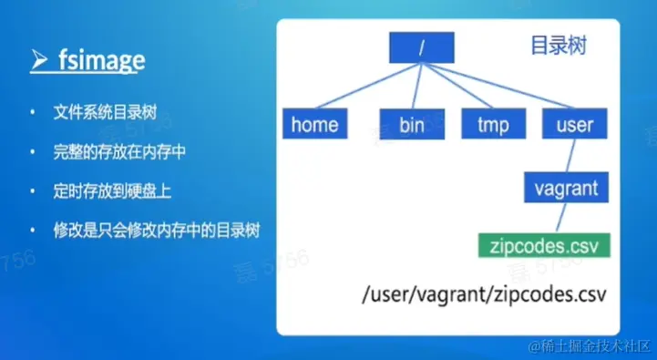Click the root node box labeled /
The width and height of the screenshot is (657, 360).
click(x=421, y=48)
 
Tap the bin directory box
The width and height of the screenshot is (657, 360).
click(x=411, y=125)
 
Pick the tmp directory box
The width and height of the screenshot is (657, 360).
click(x=492, y=125)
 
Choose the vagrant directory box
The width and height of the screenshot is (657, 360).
click(x=566, y=189)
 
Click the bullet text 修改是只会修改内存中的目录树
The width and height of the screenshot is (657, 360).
click(x=157, y=228)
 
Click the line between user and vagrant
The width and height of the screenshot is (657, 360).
click(x=573, y=156)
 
